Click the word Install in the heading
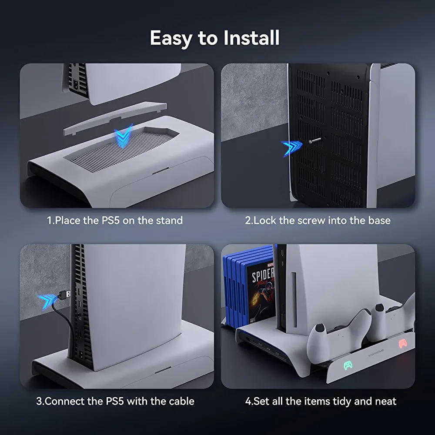(251, 38)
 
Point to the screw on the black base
(315, 141)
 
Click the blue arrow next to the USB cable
(47, 301)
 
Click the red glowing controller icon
(403, 344)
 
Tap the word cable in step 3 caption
(181, 401)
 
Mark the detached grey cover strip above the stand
(115, 118)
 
